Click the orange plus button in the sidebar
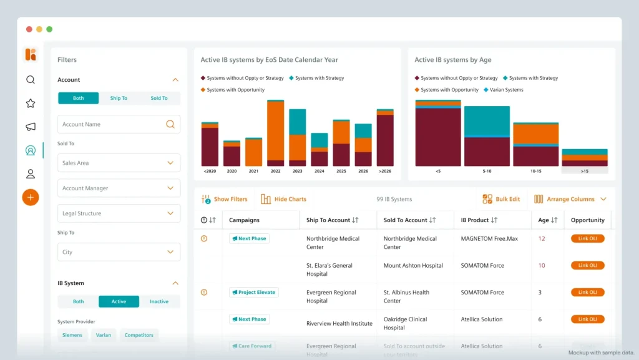click(x=31, y=197)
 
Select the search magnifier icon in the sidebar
click(x=31, y=80)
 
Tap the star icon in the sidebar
click(x=31, y=103)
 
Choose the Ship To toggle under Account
click(x=119, y=98)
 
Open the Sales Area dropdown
click(x=119, y=163)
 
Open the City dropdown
click(x=119, y=252)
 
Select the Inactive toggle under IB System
click(x=159, y=301)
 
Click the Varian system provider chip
click(x=104, y=335)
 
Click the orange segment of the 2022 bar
click(x=275, y=131)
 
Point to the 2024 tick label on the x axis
click(x=319, y=171)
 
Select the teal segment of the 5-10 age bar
click(x=487, y=121)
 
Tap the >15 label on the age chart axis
click(x=584, y=170)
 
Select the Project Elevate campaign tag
click(x=254, y=292)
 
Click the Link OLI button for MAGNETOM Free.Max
click(x=587, y=238)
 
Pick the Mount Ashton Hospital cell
click(x=413, y=265)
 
